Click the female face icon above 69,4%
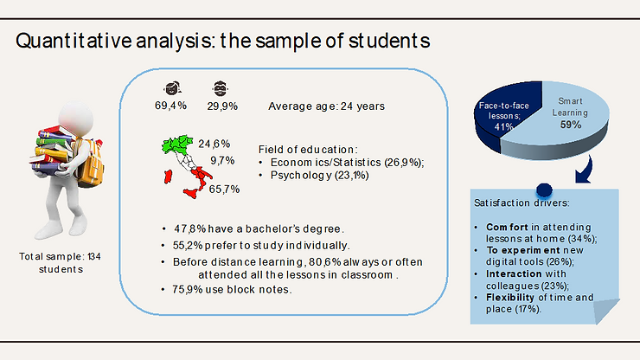(172, 88)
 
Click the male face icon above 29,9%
(220, 88)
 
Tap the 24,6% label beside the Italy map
(214, 144)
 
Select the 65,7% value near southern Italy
(224, 190)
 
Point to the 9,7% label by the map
(222, 161)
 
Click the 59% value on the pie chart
(571, 125)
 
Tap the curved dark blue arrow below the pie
(585, 170)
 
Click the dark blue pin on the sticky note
(544, 190)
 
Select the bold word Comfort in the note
(507, 228)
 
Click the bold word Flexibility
(509, 298)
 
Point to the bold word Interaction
(514, 273)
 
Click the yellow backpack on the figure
(91, 164)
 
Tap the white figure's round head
(76, 118)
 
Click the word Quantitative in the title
(74, 42)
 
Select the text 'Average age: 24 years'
(327, 106)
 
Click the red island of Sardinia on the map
(168, 177)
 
